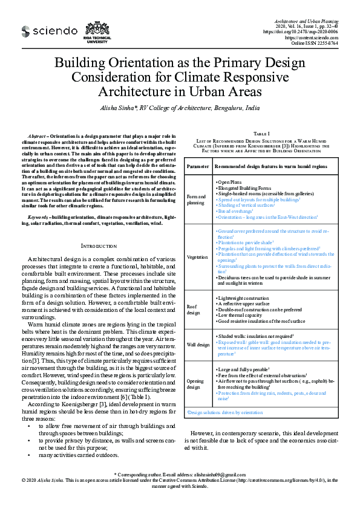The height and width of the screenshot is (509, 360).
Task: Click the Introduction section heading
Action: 98,245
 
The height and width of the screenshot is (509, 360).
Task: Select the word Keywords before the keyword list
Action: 39,216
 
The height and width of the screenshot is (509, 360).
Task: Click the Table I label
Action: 261,132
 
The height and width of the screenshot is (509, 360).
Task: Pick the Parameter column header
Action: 198,165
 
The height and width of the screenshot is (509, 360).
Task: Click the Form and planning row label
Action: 195,199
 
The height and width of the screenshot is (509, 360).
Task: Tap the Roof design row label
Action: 193,310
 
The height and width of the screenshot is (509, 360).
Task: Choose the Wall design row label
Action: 198,344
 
